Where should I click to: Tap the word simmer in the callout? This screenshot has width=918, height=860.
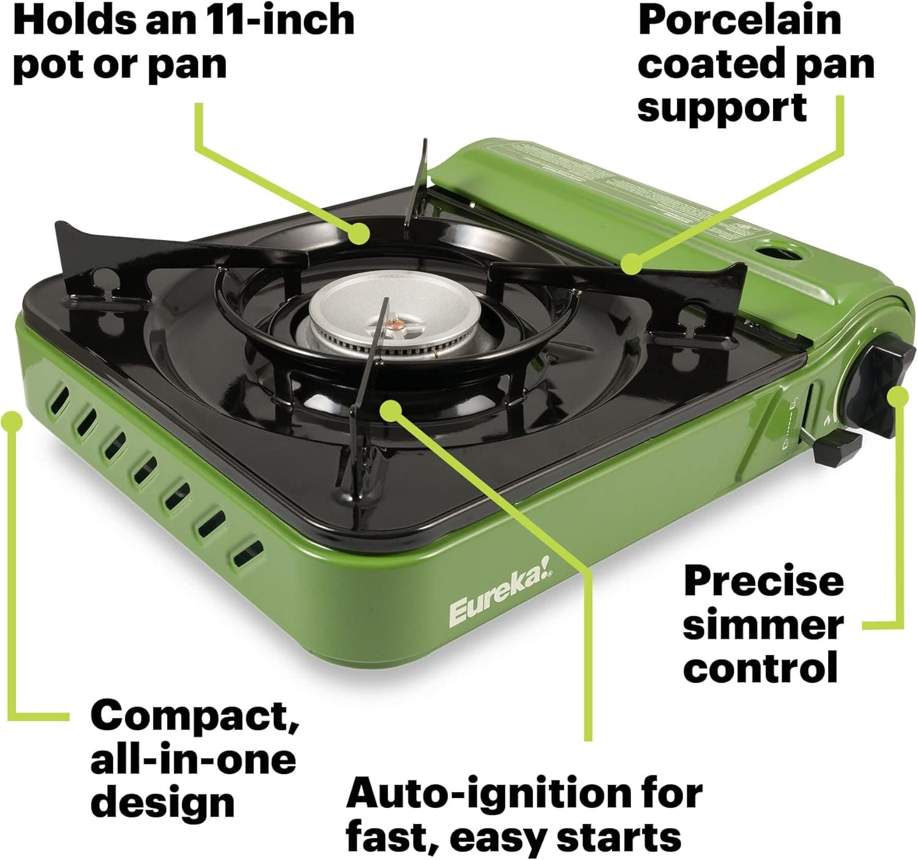click(x=763, y=625)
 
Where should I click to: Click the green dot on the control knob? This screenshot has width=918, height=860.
click(x=898, y=397)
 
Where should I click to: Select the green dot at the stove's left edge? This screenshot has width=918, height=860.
click(x=12, y=421)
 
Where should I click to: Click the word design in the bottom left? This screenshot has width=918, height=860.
click(x=163, y=802)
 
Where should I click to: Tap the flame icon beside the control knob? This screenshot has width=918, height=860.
click(x=827, y=421)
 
